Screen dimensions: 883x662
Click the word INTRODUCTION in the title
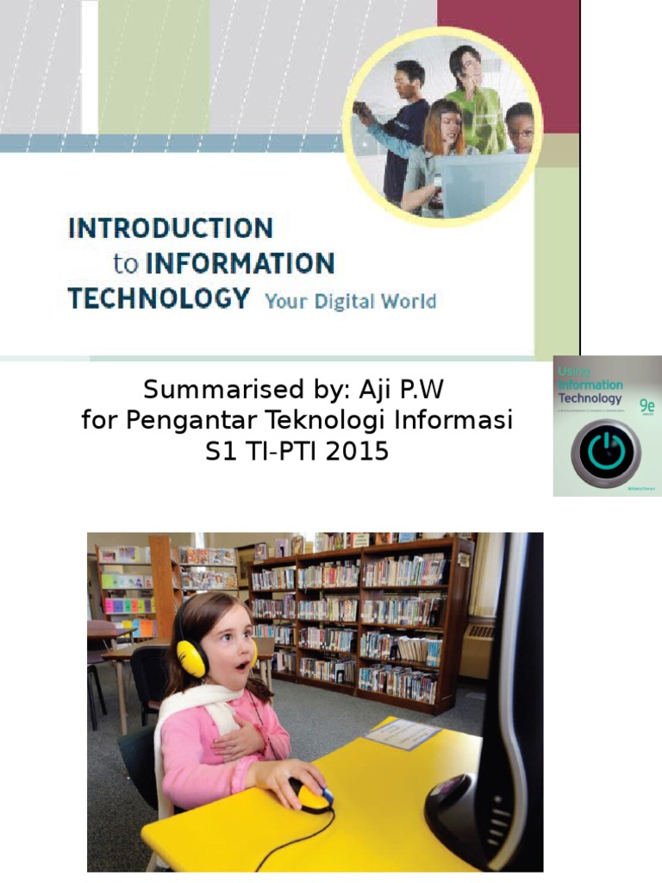(171, 229)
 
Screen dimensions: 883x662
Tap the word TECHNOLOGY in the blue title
(159, 298)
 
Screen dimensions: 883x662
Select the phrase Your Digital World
(350, 302)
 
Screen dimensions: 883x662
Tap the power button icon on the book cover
(606, 453)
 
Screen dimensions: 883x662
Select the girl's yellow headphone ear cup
(191, 658)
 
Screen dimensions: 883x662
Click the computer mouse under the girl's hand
(312, 795)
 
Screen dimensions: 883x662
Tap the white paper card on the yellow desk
(402, 734)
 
